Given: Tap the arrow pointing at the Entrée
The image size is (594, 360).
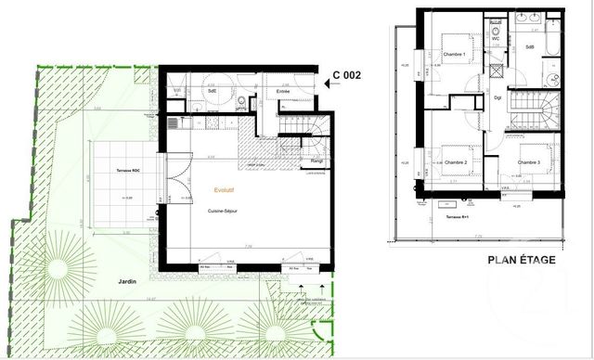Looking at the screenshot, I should point(321,85).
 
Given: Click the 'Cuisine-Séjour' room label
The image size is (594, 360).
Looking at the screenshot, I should point(226,212).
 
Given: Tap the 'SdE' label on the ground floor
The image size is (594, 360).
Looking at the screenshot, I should point(213,91).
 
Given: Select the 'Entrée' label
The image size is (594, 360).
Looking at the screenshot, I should point(284,91).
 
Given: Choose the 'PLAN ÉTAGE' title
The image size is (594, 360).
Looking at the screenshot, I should point(522,260).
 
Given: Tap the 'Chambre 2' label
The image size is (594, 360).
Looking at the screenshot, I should point(456,163).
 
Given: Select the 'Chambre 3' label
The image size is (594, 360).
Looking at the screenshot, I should point(530,163).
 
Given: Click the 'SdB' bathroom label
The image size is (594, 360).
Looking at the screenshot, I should point(530,46).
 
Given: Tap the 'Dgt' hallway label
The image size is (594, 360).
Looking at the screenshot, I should point(497,97).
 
